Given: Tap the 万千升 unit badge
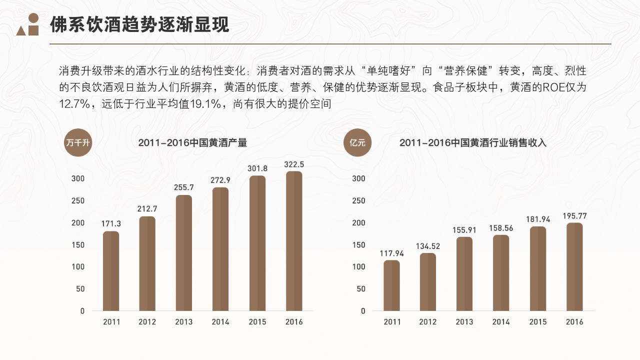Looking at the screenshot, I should point(78,142).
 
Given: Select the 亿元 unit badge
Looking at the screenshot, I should point(357,142).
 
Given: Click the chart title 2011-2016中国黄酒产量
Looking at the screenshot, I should point(192,143).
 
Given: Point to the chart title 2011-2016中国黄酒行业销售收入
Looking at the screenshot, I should point(473,143).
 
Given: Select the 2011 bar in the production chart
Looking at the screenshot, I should point(111,271).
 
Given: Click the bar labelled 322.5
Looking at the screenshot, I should point(294,241).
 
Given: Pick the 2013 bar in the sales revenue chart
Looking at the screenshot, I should point(464,274).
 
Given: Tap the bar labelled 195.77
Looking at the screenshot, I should point(574,267).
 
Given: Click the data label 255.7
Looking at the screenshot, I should point(183,187).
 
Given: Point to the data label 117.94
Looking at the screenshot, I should point(391,253).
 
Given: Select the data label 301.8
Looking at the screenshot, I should point(257,168).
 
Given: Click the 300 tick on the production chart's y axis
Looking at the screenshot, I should point(78,178).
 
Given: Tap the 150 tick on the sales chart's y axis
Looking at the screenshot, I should point(359,244).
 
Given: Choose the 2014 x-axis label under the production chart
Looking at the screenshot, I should point(220,322).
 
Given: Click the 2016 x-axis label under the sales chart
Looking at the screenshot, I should point(574,322).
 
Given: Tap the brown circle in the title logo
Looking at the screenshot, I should point(33,18).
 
